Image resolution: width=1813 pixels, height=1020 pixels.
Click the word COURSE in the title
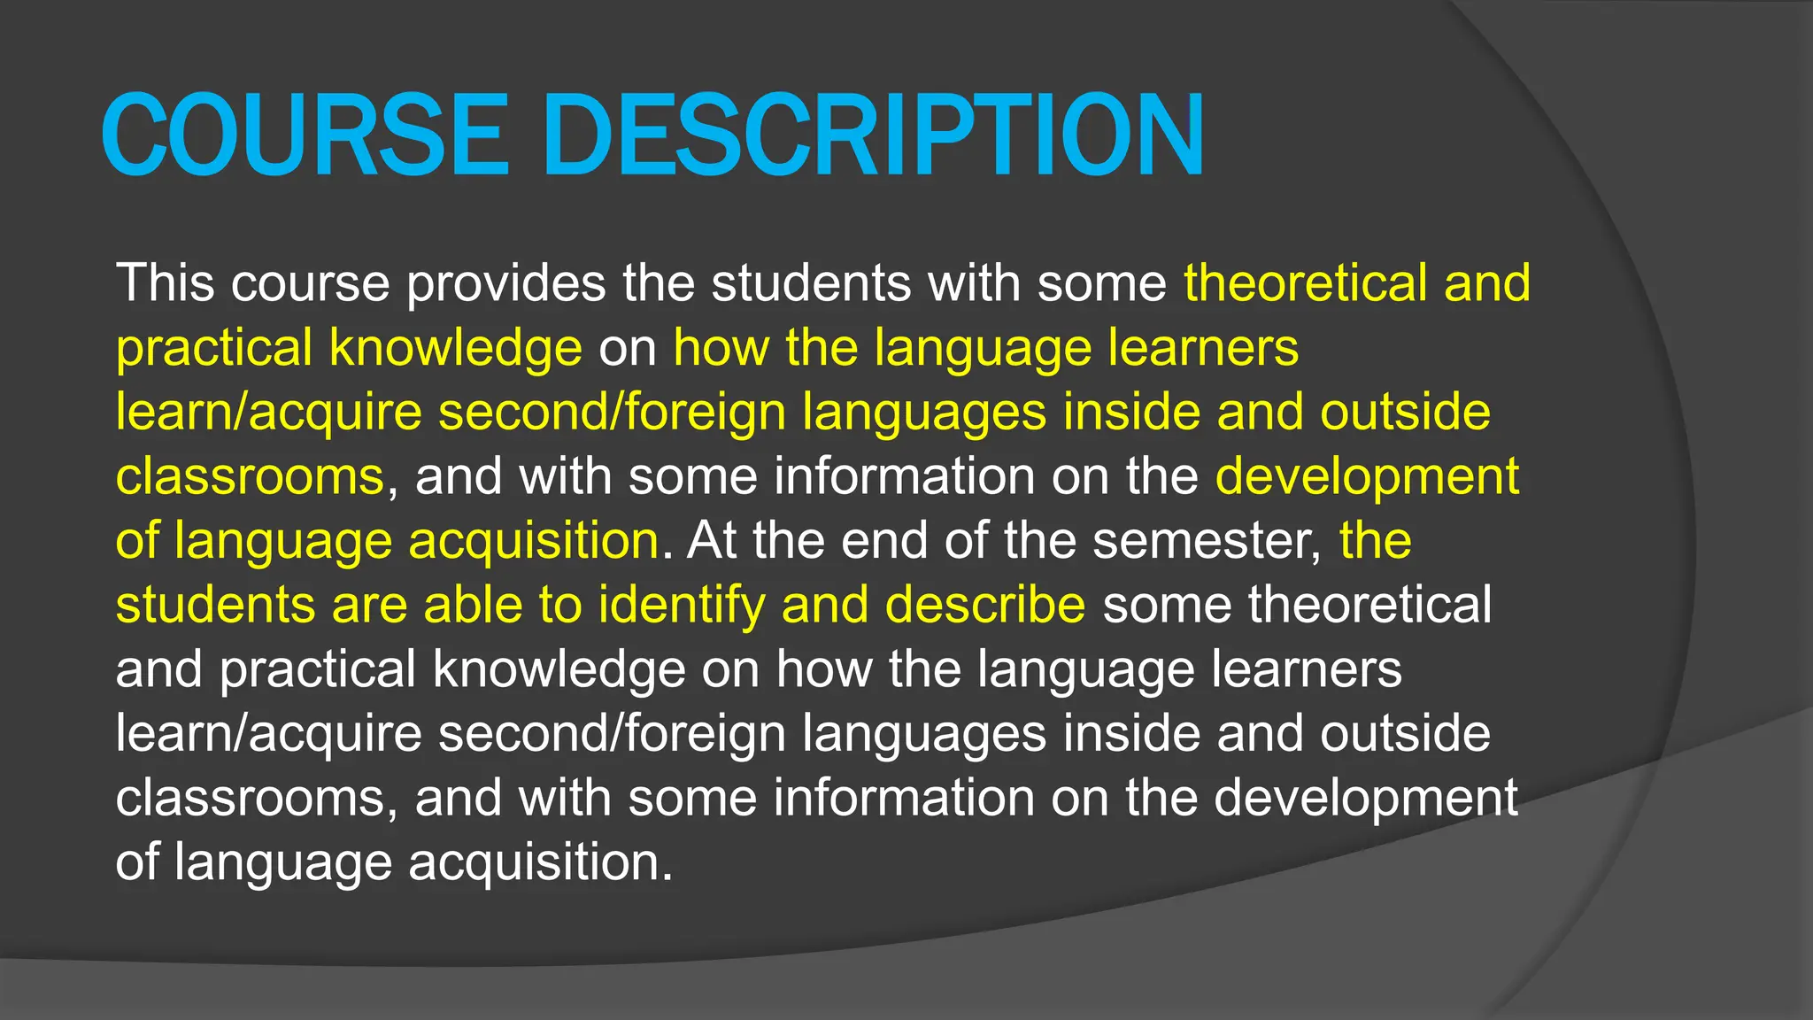click(x=305, y=135)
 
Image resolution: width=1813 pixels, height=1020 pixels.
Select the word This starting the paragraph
click(x=165, y=283)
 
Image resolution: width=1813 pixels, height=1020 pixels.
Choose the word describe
click(x=984, y=605)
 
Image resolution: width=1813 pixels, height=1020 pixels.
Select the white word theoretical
click(x=1369, y=605)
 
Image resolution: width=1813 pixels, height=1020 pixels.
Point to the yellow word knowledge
click(x=455, y=348)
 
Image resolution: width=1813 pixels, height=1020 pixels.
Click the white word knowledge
click(x=559, y=669)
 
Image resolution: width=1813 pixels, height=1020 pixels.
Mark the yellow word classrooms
click(x=250, y=476)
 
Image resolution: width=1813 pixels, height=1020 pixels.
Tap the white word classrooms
click(x=250, y=798)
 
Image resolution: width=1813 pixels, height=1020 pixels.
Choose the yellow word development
click(x=1367, y=476)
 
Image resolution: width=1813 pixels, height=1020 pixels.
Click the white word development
click(x=1366, y=798)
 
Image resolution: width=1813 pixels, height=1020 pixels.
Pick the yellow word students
click(x=215, y=605)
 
